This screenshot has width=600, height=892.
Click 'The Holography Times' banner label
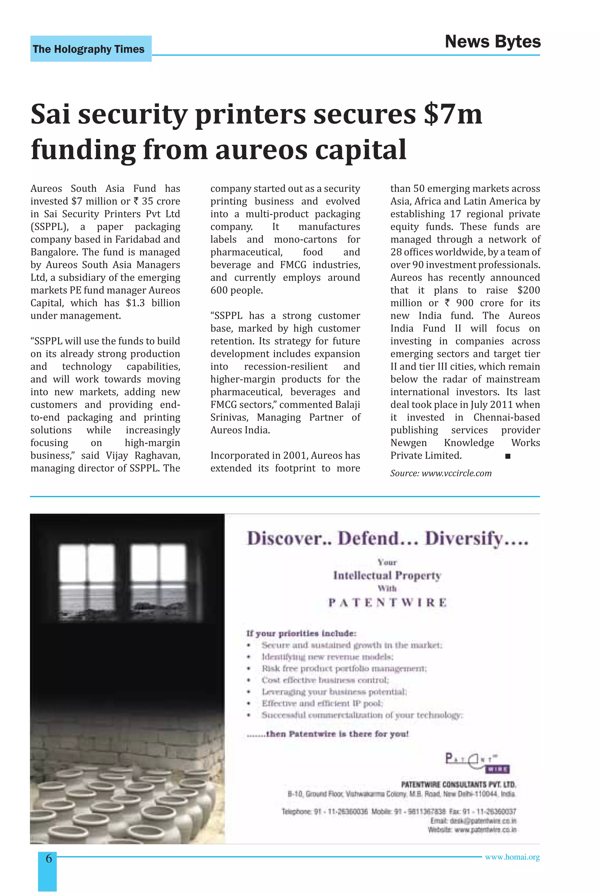point(88,49)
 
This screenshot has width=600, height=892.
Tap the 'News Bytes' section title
point(492,41)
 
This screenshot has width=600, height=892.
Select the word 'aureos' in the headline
point(261,149)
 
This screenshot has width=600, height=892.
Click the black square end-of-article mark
point(508,456)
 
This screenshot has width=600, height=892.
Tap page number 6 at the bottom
point(49,858)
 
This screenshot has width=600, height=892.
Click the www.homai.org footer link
point(512,857)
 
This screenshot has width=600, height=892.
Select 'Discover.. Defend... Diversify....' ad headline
point(387,538)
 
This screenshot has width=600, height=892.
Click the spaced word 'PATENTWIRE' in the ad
point(387,603)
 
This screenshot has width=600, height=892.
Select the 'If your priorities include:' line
point(301,633)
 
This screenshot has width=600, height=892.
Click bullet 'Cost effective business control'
point(325,680)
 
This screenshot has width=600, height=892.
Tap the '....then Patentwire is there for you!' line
point(328,734)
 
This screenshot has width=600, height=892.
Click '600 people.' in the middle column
point(236,290)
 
